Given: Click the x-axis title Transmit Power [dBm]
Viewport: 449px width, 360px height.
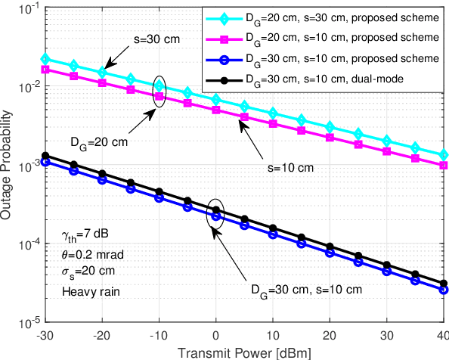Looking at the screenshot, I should [x=245, y=352].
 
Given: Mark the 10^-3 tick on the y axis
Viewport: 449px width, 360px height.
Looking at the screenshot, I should [x=28, y=166].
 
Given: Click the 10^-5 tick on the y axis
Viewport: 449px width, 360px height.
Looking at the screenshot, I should [x=28, y=322].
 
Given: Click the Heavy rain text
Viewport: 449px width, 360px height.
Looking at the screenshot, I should [x=85, y=290].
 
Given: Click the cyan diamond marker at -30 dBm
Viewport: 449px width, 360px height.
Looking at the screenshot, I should [x=45, y=59].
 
